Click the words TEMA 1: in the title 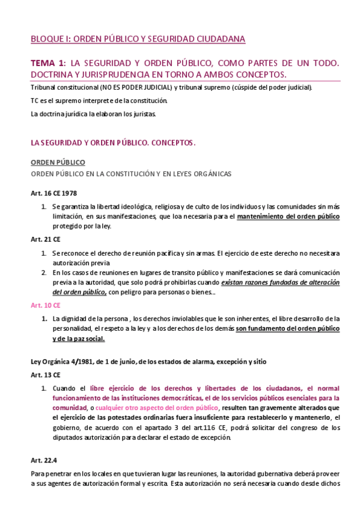point(48,63)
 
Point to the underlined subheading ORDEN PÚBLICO point(58,162)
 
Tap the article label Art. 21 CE point(46,239)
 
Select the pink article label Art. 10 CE point(46,305)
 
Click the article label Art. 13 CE point(46,375)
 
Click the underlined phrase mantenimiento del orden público point(288,216)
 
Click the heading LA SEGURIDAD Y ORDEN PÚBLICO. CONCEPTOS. point(113,143)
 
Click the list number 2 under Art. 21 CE point(44,272)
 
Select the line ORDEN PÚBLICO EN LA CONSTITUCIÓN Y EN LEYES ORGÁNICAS point(130,174)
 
